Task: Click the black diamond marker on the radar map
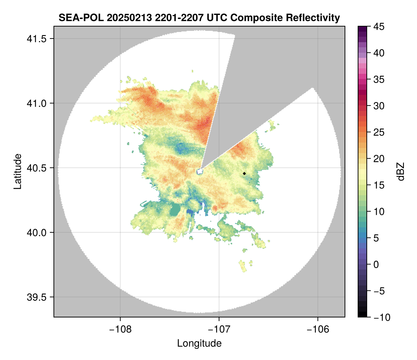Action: (245, 173)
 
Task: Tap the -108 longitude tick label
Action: (120, 329)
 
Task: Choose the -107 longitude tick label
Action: (219, 329)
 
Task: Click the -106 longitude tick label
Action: (318, 329)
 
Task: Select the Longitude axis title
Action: (199, 343)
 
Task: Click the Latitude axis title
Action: (17, 171)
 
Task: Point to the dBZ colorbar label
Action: (401, 171)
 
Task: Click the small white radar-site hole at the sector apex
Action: (199, 171)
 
